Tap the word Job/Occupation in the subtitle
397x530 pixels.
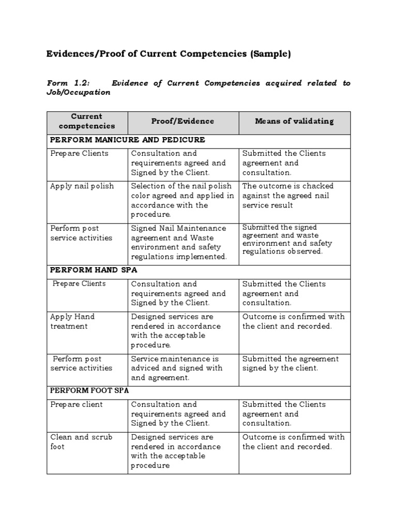79,93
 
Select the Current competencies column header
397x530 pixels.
87,121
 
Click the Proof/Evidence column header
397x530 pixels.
182,121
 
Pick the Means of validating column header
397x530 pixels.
294,121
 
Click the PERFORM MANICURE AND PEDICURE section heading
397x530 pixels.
127,140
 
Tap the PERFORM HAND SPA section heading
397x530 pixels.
94,270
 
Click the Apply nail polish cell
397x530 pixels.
82,186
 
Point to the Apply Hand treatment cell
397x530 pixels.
72,321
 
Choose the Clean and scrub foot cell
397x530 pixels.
81,441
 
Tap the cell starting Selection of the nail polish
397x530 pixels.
182,200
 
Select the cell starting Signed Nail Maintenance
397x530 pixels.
179,242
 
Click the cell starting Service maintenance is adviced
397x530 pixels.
177,368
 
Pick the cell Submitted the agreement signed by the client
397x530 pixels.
291,363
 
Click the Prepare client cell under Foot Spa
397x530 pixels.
77,404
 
